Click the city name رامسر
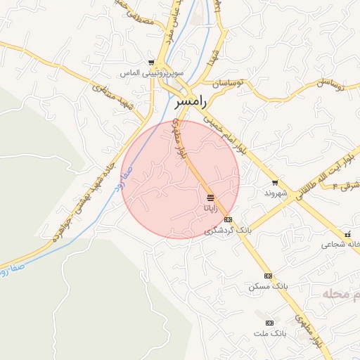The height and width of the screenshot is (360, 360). pos(190,103)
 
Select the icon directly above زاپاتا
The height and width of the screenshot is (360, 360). pos(211,197)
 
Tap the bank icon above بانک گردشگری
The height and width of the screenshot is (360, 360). pos(227,219)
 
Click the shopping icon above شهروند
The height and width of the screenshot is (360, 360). pos(275,182)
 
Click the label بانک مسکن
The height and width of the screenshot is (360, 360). pos(269,287)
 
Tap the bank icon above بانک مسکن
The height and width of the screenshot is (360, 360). pos(268,276)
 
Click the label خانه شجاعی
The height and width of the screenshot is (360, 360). pos(340,245)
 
